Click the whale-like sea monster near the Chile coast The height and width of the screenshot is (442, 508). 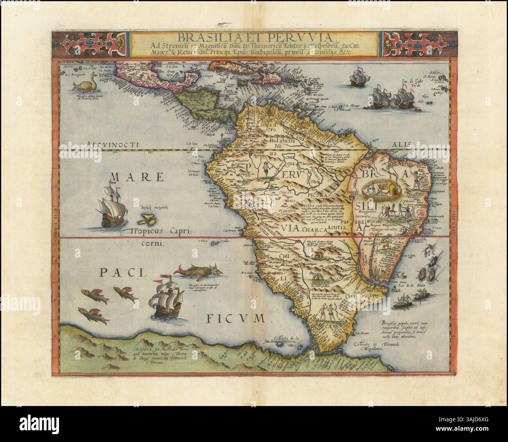pyautogui.click(x=204, y=271)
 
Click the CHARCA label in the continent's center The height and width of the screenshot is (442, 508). pyautogui.click(x=315, y=231)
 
